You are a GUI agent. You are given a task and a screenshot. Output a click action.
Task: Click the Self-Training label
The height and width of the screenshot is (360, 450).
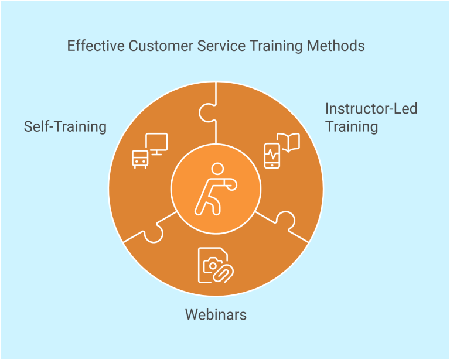[x=65, y=126]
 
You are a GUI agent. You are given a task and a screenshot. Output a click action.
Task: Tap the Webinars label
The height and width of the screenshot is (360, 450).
[x=216, y=315]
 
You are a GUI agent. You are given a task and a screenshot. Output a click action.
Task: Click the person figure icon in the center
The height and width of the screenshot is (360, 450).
[x=215, y=188]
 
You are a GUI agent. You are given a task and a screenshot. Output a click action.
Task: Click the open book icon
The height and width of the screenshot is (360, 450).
[x=288, y=142]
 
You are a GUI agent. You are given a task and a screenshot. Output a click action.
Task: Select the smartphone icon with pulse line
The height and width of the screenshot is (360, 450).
[x=272, y=155]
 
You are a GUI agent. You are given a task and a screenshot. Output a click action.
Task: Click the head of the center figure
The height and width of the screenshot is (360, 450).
[x=217, y=169]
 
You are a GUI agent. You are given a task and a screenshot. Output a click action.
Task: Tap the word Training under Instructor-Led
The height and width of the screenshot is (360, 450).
[x=352, y=126]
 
